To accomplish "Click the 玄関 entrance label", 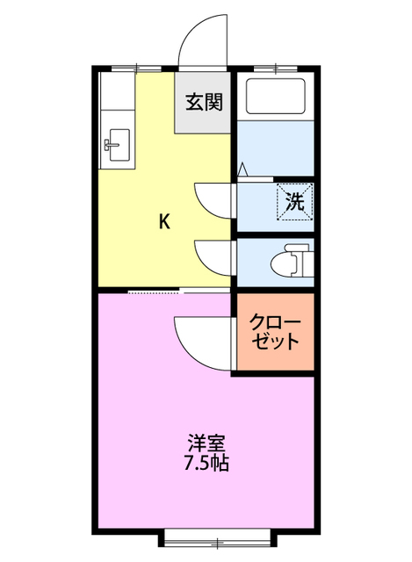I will pyautogui.click(x=204, y=101).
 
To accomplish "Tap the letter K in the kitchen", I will pyautogui.click(x=163, y=221).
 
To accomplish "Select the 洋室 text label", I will pyautogui.click(x=206, y=442).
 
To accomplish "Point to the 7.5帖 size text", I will pyautogui.click(x=206, y=463).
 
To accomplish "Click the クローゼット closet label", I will pyautogui.click(x=273, y=331).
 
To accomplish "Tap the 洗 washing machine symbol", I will pyautogui.click(x=296, y=200).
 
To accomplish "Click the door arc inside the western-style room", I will pyautogui.click(x=199, y=336).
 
